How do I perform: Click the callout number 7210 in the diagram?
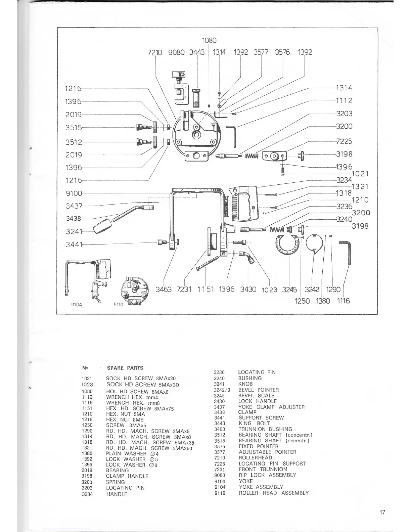[155, 52]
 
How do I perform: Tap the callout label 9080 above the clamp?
[176, 52]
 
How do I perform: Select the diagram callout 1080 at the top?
[209, 40]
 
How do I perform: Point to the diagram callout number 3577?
[261, 52]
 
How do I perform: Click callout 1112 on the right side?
[344, 100]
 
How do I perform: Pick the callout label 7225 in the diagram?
[344, 141]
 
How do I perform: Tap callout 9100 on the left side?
[74, 193]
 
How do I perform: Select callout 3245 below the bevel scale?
[289, 290]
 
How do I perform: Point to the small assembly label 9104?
[77, 305]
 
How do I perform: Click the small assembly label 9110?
[118, 305]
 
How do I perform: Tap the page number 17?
[382, 513]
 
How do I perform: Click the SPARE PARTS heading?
[125, 368]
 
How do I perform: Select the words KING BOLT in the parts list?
[254, 424]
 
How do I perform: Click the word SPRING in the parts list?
[115, 482]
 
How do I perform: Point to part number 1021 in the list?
[87, 379]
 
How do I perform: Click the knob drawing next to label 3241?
[102, 226]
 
